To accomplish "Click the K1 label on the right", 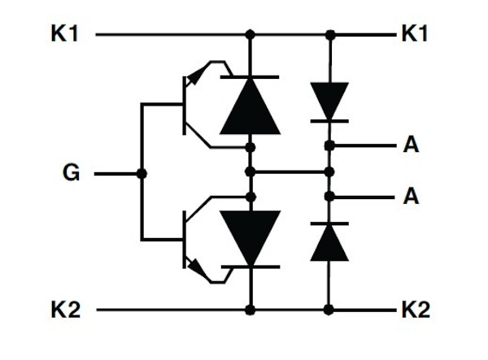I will pos(416,35).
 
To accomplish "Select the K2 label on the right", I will pos(416,310).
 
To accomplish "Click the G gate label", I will pos(72,173).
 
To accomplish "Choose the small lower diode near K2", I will pos(329,241).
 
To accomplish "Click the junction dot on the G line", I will pos(142,173).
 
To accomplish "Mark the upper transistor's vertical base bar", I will pos(184,106).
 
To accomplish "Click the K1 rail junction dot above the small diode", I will pos(329,35).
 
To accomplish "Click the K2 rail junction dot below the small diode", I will pos(329,310).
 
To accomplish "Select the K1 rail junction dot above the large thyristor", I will pos(250,35).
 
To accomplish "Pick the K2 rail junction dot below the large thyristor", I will pos(250,310).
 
